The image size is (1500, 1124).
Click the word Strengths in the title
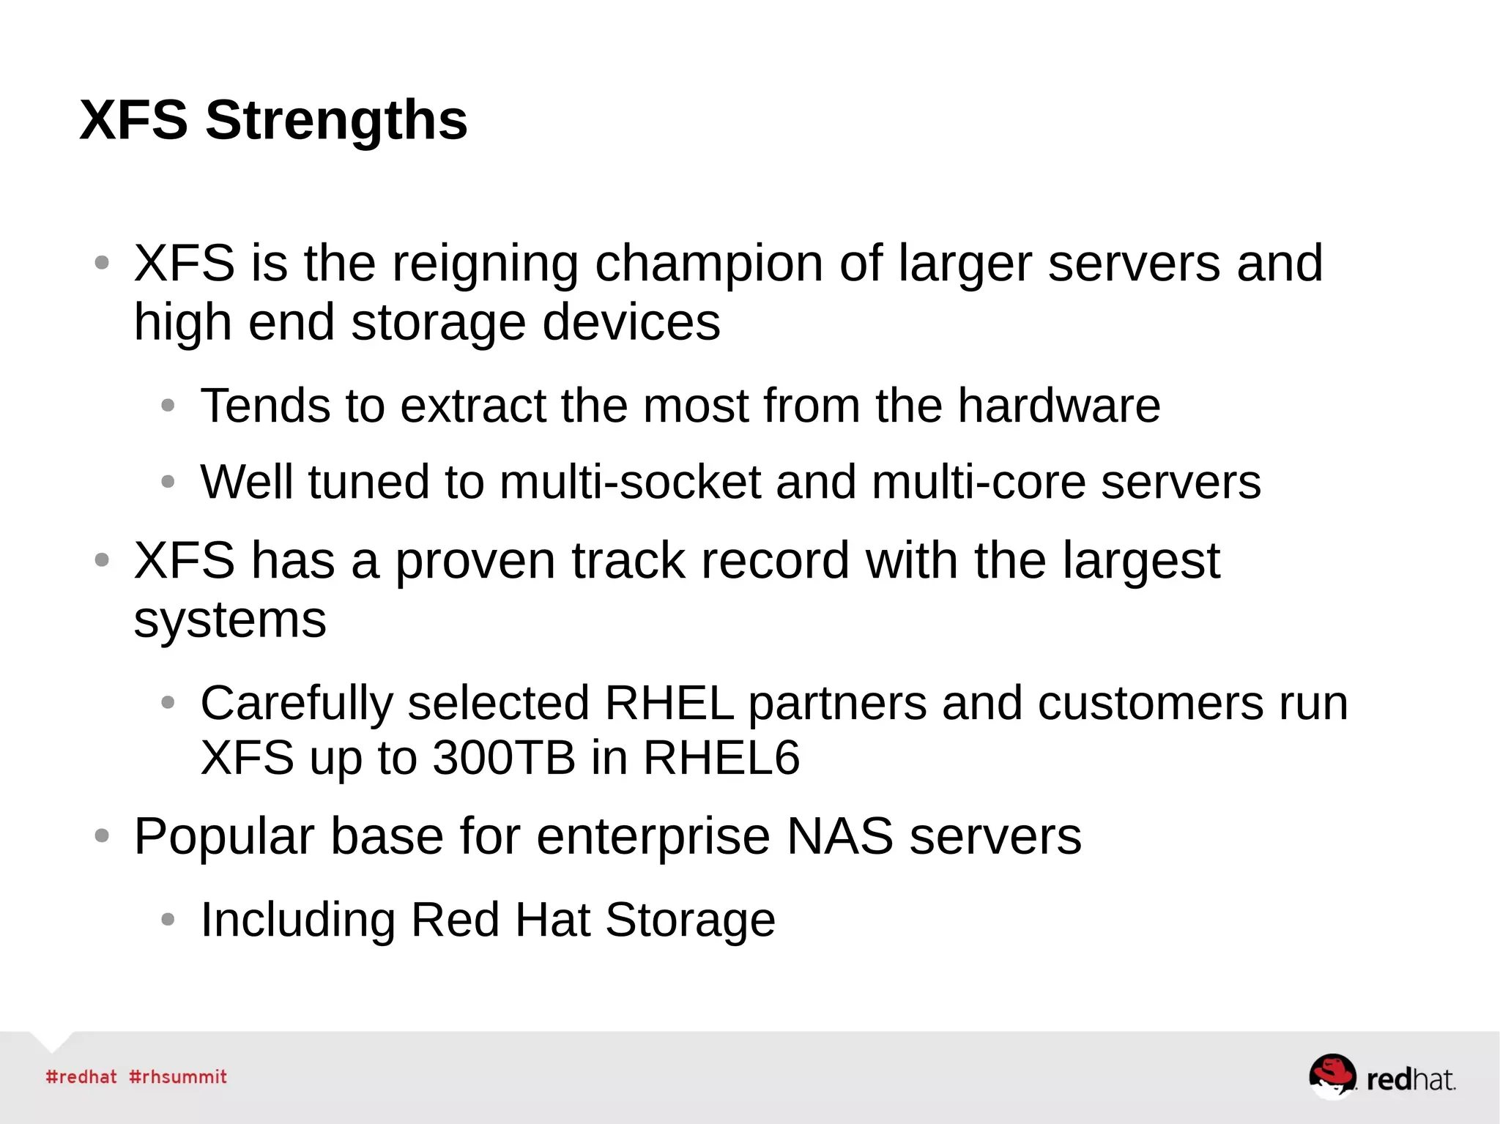336,121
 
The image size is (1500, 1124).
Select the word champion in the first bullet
708,263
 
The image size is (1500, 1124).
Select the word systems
230,620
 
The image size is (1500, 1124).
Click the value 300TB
504,757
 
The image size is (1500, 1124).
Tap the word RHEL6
721,757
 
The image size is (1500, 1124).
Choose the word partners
836,703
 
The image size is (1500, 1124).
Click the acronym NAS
839,836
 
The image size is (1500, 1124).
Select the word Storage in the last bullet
690,920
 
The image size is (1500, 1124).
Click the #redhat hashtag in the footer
81,1077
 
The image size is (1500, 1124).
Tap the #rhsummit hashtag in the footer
178,1077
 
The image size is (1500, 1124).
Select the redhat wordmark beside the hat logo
1410,1079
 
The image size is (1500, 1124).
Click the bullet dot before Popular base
103,835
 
